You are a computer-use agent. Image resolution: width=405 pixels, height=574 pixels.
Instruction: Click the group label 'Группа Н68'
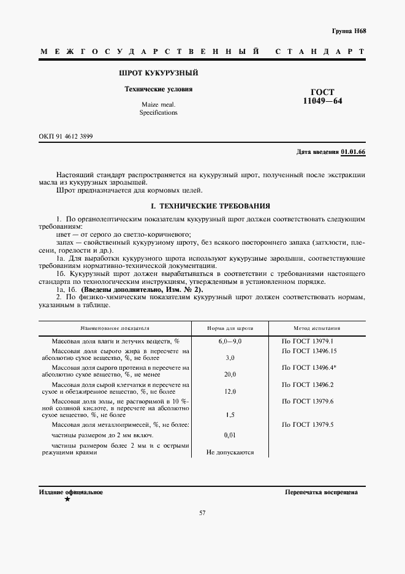click(x=349, y=31)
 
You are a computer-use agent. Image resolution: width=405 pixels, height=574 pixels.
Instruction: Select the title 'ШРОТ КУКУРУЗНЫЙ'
click(x=158, y=73)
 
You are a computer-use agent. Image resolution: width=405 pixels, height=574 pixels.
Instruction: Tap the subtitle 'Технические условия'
click(x=158, y=89)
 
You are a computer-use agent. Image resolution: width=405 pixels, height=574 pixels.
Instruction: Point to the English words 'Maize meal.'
click(x=158, y=105)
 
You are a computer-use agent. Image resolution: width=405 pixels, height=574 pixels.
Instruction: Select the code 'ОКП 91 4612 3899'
click(x=66, y=136)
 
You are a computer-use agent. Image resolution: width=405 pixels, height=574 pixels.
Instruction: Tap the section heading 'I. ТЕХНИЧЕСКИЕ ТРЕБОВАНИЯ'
click(x=202, y=207)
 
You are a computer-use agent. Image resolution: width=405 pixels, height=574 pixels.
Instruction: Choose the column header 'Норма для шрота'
click(x=230, y=329)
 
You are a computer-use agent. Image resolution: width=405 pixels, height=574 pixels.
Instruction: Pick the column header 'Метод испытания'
click(x=317, y=329)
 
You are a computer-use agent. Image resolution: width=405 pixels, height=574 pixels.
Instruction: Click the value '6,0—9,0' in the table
click(x=230, y=341)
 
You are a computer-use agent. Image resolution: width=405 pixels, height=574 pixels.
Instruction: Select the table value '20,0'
click(x=230, y=373)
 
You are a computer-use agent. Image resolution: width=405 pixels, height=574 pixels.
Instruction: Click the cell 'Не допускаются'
click(x=230, y=453)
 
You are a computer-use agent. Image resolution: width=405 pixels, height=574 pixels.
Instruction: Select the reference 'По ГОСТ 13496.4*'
click(x=311, y=367)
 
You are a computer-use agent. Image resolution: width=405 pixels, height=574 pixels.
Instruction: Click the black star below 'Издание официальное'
click(x=67, y=500)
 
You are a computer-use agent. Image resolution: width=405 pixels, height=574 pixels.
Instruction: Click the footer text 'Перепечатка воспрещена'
click(x=321, y=492)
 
